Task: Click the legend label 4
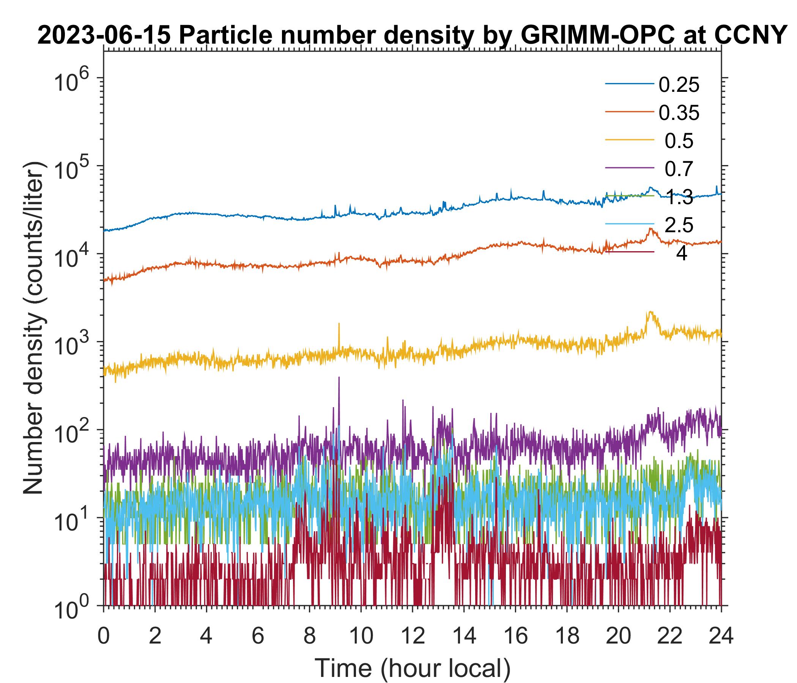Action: click(x=681, y=253)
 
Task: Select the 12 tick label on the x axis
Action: click(x=412, y=636)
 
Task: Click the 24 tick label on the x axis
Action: click(x=721, y=636)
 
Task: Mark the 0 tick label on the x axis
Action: click(x=103, y=636)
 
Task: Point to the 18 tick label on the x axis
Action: click(x=567, y=636)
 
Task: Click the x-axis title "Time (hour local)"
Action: click(x=412, y=667)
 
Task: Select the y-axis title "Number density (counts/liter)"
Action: click(x=35, y=329)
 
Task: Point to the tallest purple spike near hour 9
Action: click(x=339, y=378)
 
